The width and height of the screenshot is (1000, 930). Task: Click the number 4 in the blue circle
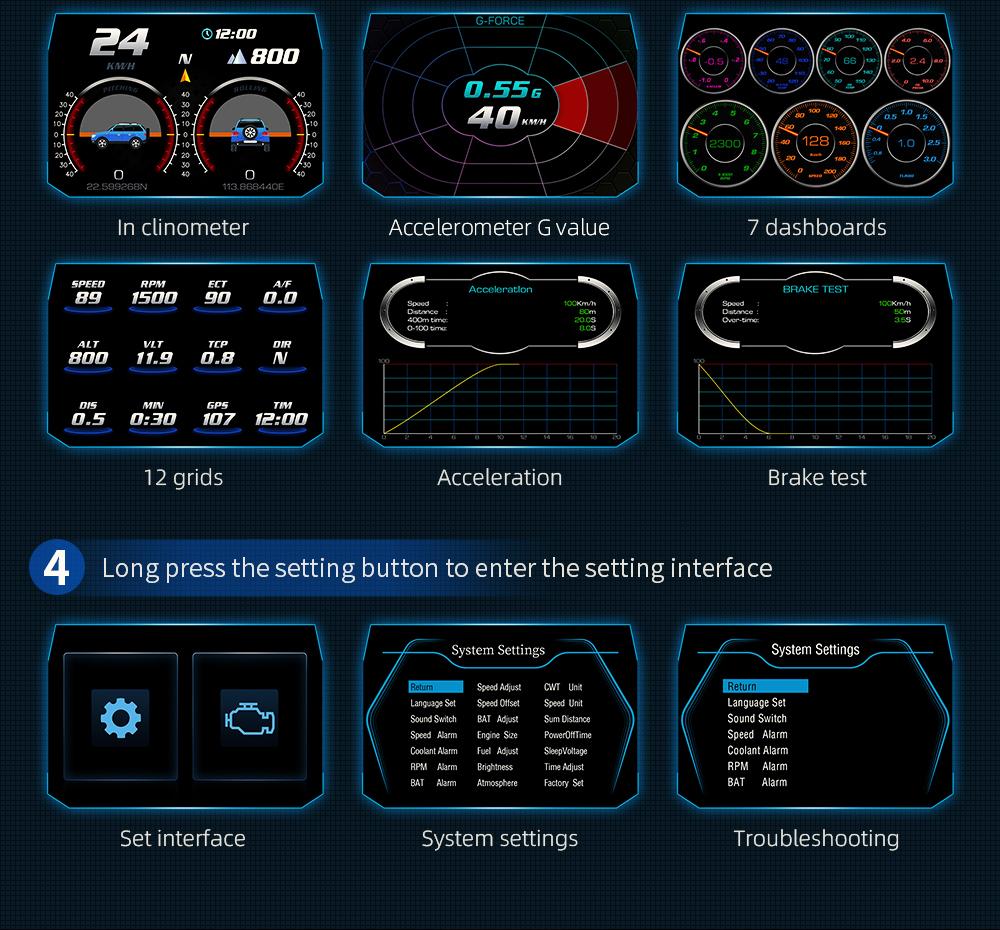tap(57, 568)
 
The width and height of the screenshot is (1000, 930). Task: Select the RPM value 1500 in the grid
tap(153, 297)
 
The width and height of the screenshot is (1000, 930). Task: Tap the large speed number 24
tap(120, 43)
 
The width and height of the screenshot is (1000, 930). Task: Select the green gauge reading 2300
tap(724, 144)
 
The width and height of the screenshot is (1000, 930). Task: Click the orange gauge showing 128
tap(816, 142)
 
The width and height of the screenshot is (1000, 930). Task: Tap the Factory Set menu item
tap(564, 783)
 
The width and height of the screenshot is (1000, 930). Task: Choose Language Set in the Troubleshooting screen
tap(756, 703)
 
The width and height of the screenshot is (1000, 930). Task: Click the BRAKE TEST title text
tap(815, 289)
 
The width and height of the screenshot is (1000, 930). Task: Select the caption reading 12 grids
tap(183, 477)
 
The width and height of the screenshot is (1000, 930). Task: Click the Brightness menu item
tap(495, 767)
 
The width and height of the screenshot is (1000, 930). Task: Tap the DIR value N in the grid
tap(281, 358)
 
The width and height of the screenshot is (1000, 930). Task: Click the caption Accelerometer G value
tap(499, 227)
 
